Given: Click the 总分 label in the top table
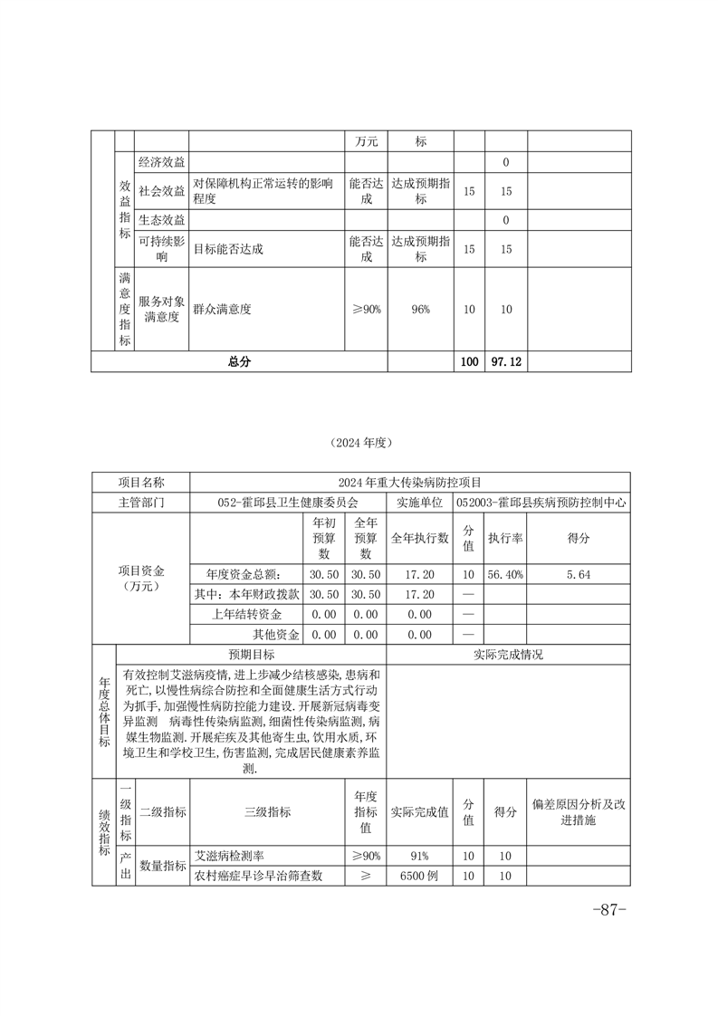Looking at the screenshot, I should pos(239,361).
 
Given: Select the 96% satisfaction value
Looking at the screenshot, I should pos(420,309).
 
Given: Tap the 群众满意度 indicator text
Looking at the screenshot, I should pos(222,309).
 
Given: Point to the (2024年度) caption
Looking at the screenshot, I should pos(359,443).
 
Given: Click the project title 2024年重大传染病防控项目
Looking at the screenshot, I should pos(409,482).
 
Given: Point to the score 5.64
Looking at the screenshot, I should pos(579,573).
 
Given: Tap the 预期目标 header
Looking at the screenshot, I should pos(251,654).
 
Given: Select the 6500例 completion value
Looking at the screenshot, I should pos(420,876).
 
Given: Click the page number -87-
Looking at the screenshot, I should pos(608,909).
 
